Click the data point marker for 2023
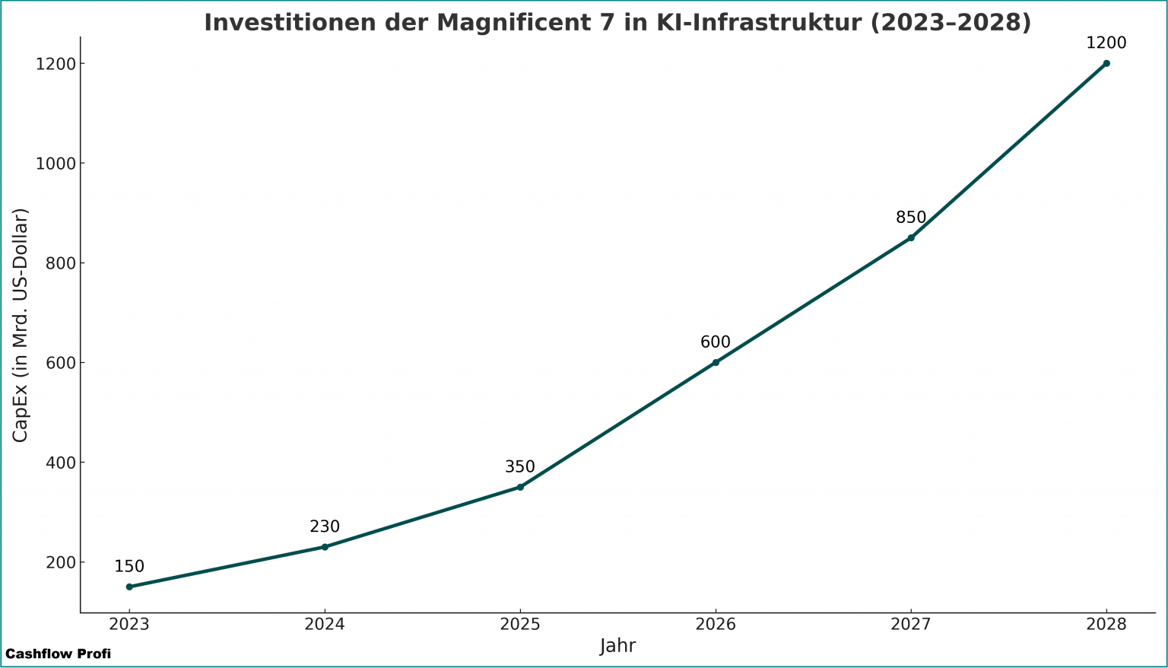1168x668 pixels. pyautogui.click(x=129, y=587)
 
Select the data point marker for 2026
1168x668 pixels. pyautogui.click(x=716, y=362)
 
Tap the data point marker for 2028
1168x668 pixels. pyautogui.click(x=1106, y=63)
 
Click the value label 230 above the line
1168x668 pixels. pyautogui.click(x=325, y=526)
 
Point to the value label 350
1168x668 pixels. pyautogui.click(x=520, y=467)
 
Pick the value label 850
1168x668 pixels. pyautogui.click(x=911, y=218)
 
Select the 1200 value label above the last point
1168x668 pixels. pyautogui.click(x=1106, y=43)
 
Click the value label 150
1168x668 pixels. pyautogui.click(x=129, y=567)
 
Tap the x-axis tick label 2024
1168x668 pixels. pyautogui.click(x=325, y=625)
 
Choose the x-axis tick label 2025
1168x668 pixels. pyautogui.click(x=520, y=625)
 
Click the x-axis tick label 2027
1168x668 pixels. pyautogui.click(x=911, y=625)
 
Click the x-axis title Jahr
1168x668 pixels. pyautogui.click(x=617, y=647)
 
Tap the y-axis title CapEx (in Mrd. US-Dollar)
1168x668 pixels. pyautogui.click(x=21, y=325)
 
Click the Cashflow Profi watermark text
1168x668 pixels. pyautogui.click(x=58, y=654)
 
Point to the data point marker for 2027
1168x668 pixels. pyautogui.click(x=911, y=237)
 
